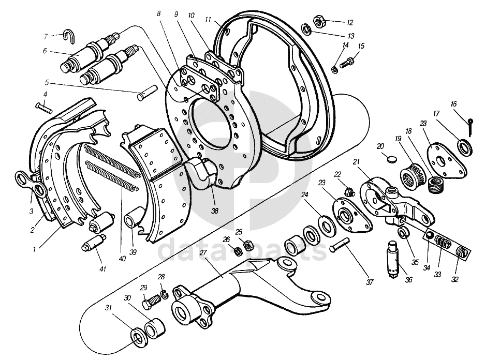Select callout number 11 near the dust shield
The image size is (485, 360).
click(x=208, y=20)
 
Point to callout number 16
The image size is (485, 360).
click(x=454, y=104)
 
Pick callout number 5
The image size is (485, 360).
click(x=47, y=82)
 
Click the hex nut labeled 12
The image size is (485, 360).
click(x=320, y=22)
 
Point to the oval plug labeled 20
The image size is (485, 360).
click(x=391, y=157)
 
